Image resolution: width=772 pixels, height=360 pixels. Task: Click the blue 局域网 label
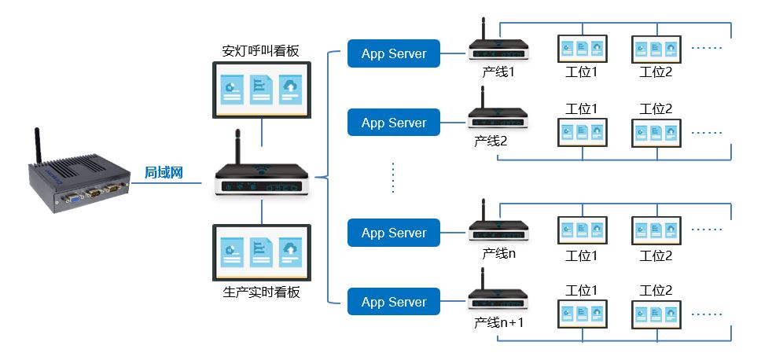point(164,173)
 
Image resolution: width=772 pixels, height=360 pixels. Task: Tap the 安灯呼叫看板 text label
point(261,52)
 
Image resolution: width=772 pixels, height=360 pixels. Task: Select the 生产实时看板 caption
point(261,292)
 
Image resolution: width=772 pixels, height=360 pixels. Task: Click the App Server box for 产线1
point(393,54)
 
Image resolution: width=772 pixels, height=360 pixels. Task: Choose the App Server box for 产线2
point(393,123)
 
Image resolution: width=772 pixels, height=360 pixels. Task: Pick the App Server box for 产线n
point(393,233)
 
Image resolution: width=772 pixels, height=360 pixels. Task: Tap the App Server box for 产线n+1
point(393,302)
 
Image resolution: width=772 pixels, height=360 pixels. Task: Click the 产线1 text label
point(498,72)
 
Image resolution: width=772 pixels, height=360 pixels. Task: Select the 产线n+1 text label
point(498,322)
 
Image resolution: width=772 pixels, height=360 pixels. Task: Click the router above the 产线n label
point(498,228)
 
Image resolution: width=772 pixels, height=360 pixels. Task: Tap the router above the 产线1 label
point(498,47)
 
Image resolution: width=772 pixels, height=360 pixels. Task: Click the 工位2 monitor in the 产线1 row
point(656,49)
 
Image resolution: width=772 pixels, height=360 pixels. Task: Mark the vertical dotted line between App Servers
point(393,178)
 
